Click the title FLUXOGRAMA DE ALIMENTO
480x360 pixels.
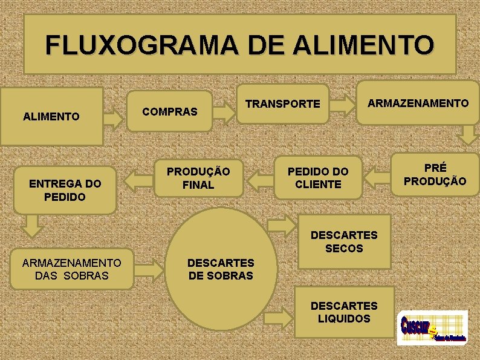pos(239,45)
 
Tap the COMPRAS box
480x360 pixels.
pos(170,111)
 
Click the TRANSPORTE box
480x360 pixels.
pos(283,104)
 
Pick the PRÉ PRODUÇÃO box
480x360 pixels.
pos(435,174)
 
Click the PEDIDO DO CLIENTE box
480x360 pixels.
pos(318,178)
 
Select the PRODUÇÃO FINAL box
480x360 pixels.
pos(198,178)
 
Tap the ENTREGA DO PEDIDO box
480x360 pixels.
pos(65,191)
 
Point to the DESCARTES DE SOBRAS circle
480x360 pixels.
pos(221,269)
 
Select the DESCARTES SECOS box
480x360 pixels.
pos(343,241)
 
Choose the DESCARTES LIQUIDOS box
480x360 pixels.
pos(343,312)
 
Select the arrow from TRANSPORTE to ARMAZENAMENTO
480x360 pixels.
pos(345,103)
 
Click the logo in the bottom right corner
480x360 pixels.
pos(432,328)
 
